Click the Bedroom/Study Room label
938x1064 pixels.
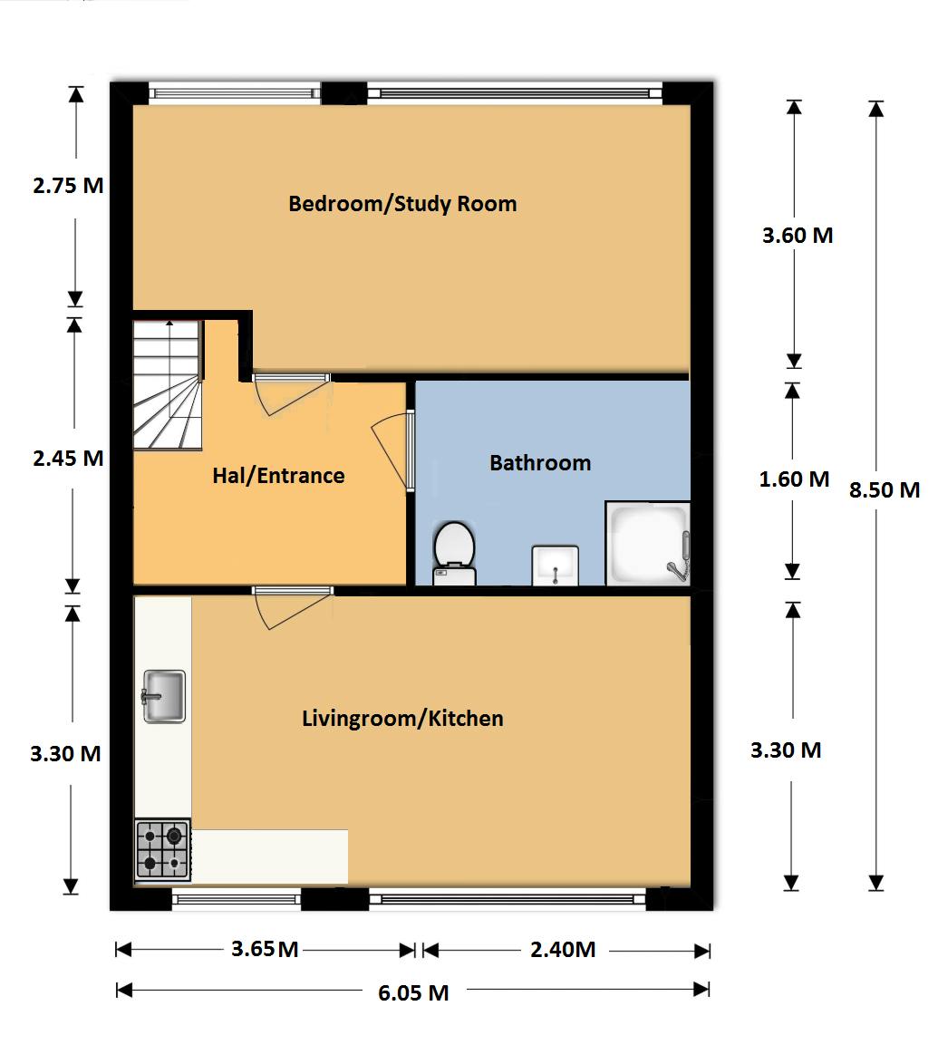tap(402, 204)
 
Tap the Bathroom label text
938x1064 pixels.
tap(540, 463)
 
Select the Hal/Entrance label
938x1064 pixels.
tap(278, 476)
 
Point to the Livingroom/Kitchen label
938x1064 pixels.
tap(402, 720)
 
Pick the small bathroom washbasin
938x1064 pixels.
tap(555, 566)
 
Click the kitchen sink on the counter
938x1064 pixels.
tap(164, 696)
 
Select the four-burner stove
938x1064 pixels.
tap(163, 850)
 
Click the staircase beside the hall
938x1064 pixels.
tap(167, 384)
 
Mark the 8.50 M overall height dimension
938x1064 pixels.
tap(885, 490)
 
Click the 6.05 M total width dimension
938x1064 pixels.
tap(413, 992)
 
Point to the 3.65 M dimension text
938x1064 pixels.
tap(265, 950)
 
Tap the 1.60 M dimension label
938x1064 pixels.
tap(794, 479)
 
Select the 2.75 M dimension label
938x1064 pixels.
tap(68, 186)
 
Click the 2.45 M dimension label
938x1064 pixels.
tap(68, 459)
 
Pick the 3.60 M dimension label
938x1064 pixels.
tap(798, 236)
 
